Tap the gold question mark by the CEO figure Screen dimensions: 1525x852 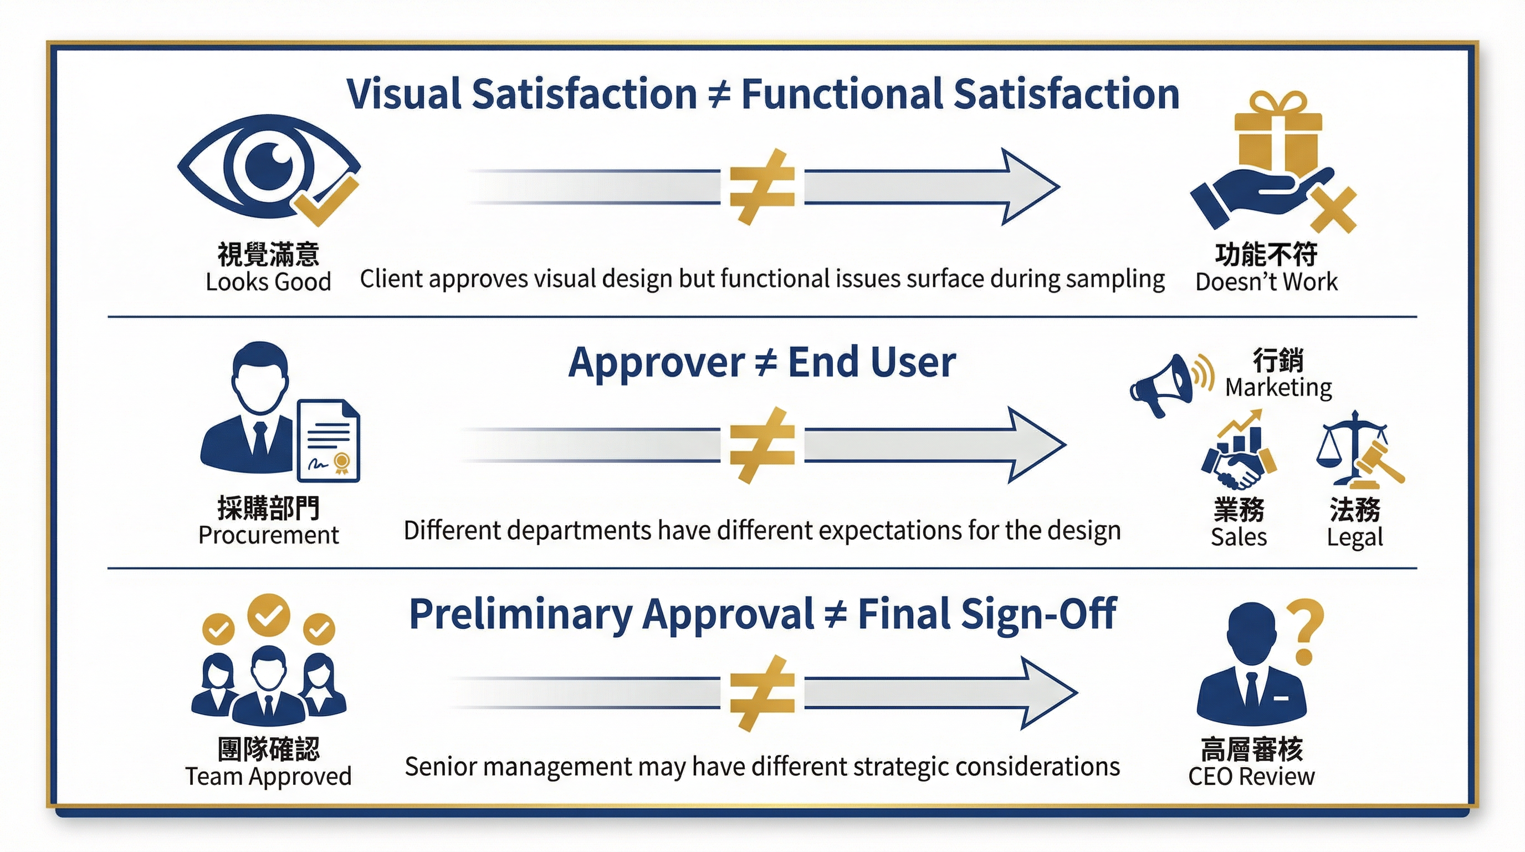[1307, 632]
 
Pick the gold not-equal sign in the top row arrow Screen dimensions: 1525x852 [762, 187]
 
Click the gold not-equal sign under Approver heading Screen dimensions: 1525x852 [762, 445]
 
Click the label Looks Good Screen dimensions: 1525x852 [268, 282]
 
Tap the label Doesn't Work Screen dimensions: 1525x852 [1266, 282]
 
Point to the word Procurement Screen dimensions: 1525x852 [268, 535]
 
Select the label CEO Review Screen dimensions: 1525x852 [1251, 776]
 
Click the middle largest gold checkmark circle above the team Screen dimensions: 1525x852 [268, 615]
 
